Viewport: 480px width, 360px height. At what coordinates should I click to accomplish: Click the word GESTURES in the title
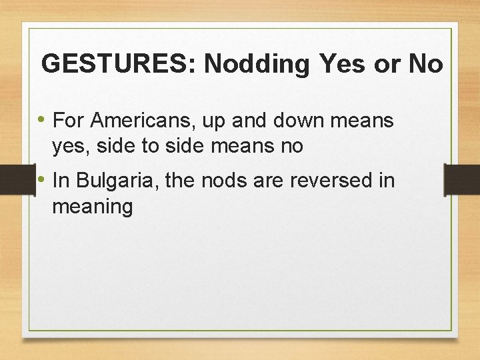117,64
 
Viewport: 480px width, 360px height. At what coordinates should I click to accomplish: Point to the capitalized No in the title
425,64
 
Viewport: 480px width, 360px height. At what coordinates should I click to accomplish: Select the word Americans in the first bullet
139,121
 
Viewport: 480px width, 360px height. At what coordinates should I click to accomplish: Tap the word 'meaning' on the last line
93,207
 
